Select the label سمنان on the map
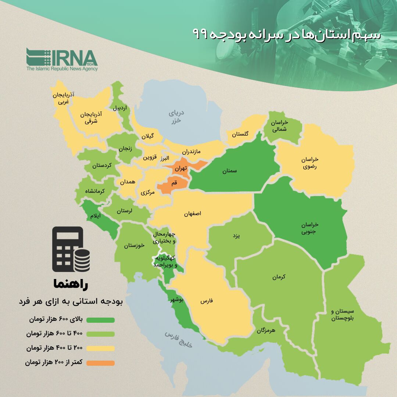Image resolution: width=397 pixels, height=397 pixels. coord(229,171)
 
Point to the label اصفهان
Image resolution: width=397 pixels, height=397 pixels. coord(193,214)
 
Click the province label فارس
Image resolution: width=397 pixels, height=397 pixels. coord(207,301)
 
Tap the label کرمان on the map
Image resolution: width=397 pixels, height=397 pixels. coord(279,277)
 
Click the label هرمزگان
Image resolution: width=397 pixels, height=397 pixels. coord(266,330)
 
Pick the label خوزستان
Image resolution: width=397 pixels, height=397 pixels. coord(134,245)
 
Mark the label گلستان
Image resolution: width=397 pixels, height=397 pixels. coord(240,134)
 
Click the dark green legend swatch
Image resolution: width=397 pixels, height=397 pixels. coord(100,320)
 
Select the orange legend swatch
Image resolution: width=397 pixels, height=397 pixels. coord(100,363)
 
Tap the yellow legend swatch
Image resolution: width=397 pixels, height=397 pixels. coord(100,348)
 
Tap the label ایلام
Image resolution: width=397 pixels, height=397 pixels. coord(95,216)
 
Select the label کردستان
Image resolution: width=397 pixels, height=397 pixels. coord(101,165)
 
